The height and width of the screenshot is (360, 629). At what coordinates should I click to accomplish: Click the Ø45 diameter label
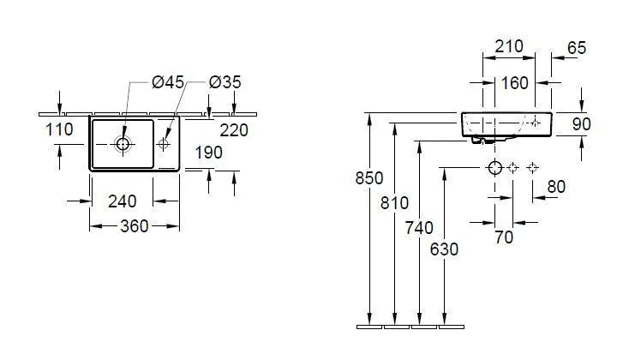point(168,82)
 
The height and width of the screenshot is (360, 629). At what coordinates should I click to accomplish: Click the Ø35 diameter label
point(225,82)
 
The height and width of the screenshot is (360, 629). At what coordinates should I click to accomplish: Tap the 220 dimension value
point(234,130)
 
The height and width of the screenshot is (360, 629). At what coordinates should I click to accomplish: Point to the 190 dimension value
point(208,153)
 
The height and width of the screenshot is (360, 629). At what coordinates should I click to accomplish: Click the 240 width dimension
point(123,202)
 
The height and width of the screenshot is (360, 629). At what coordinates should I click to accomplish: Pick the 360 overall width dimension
point(134,226)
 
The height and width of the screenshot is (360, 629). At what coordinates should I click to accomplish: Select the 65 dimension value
point(577,48)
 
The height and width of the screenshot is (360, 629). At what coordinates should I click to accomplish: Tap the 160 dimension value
point(515,83)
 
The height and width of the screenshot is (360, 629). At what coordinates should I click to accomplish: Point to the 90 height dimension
point(581,124)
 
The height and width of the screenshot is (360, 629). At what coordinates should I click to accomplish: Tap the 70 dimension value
point(504,237)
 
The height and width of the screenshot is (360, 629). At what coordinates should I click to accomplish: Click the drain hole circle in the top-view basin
point(123,144)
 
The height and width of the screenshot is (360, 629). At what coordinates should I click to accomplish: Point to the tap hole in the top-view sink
point(165,144)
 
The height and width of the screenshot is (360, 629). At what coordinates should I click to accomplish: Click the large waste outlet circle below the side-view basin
point(494,166)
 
